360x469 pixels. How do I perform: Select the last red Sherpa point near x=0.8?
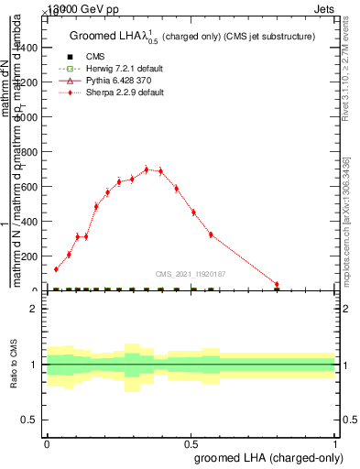point(277,284)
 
